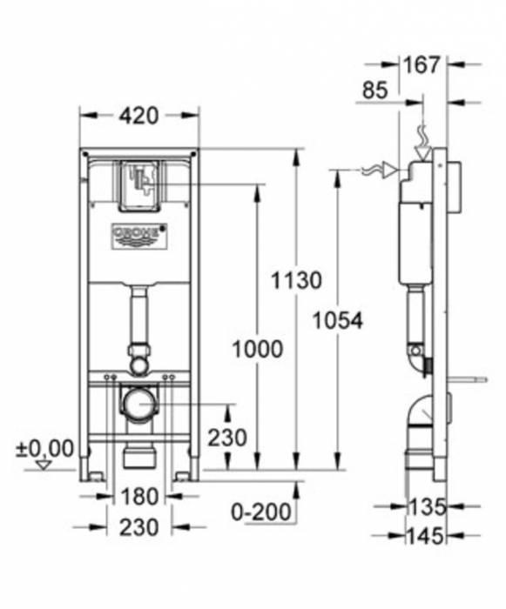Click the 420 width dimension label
(139, 115)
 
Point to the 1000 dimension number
(257, 349)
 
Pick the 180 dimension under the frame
(139, 497)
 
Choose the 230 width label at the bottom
(139, 526)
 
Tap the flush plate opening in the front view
(138, 184)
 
